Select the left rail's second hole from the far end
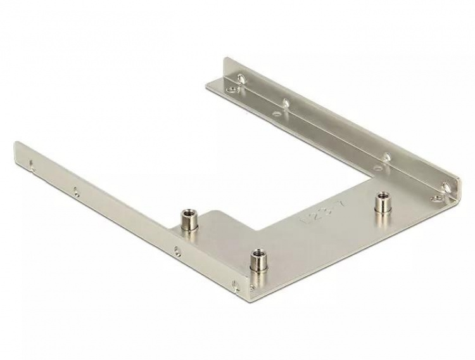[x=76, y=190]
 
